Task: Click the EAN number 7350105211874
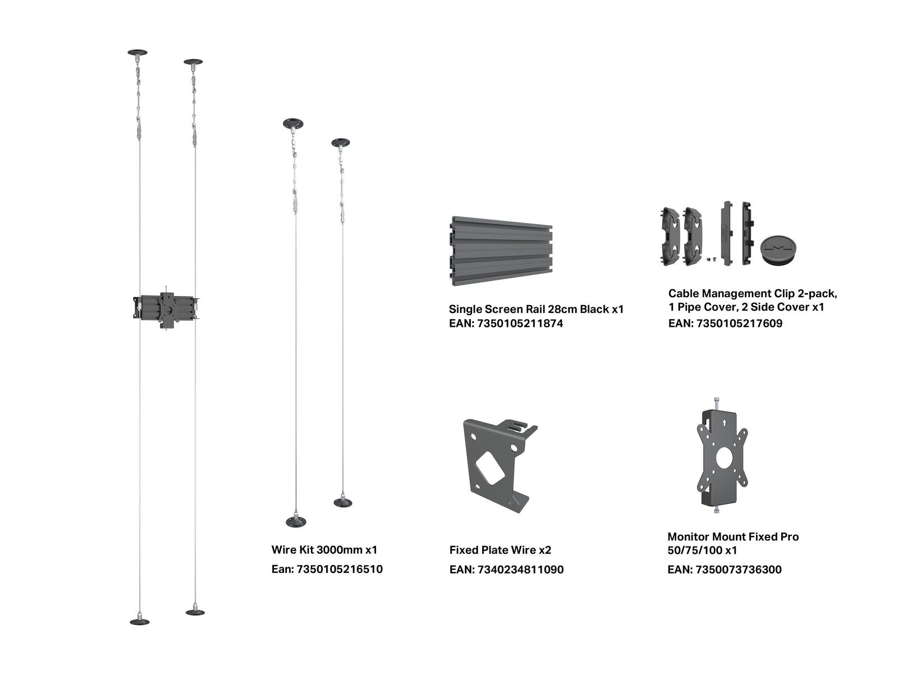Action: (520, 324)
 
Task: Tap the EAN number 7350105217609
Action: (739, 324)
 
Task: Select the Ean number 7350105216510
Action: (340, 569)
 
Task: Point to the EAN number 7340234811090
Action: (520, 570)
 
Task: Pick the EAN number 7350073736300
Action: (739, 570)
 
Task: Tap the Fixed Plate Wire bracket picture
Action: (500, 466)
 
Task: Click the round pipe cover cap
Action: (778, 249)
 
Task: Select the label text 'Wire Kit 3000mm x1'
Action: (324, 550)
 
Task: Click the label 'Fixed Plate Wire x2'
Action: (500, 550)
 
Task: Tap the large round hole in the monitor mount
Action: (723, 457)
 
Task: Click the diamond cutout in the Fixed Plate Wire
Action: (489, 469)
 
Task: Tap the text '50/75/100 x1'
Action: (702, 550)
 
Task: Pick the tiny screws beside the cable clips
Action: (711, 258)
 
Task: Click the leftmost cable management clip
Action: (670, 236)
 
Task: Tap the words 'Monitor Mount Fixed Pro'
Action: (733, 536)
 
